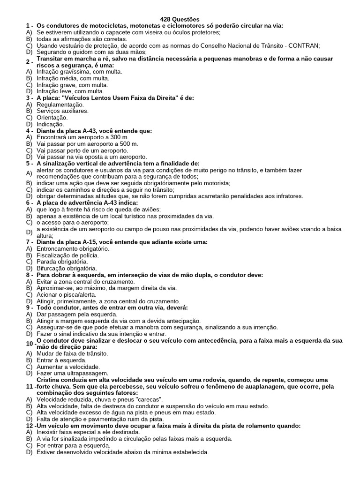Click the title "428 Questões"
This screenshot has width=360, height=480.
point(180,19)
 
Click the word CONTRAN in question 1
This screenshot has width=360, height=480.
point(304,45)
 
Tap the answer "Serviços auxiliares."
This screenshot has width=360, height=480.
point(62,111)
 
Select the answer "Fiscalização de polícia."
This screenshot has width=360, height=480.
point(67,255)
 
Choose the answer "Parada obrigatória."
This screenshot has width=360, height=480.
point(62,262)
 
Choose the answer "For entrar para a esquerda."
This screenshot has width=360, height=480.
point(75,445)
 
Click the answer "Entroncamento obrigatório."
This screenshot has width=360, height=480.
point(72,248)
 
